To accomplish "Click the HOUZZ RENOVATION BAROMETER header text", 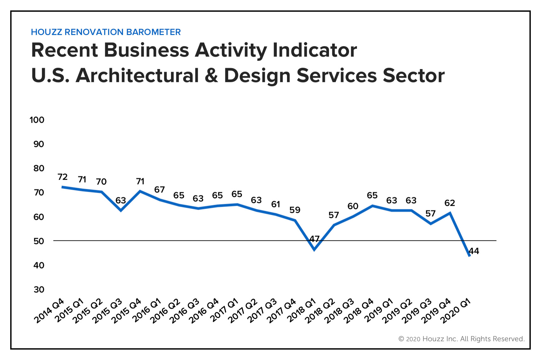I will click(x=106, y=32).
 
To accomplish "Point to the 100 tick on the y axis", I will click(x=37, y=120).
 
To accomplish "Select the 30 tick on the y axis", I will click(x=39, y=289).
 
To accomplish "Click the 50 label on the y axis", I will click(x=39, y=241).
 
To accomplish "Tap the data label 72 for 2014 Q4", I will click(x=63, y=177).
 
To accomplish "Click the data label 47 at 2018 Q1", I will click(x=314, y=239).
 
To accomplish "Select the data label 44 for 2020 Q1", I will click(x=474, y=251).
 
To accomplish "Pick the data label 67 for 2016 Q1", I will click(x=160, y=190).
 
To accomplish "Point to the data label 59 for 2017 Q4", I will click(x=295, y=210).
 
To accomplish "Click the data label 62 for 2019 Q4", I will click(x=450, y=203).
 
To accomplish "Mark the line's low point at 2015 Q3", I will click(x=121, y=211).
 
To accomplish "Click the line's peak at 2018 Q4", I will click(x=372, y=206).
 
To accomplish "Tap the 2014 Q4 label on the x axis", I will click(x=49, y=311).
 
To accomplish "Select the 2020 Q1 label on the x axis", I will click(x=455, y=311).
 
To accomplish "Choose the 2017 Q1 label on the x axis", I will click(x=224, y=311).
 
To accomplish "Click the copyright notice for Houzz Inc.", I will click(x=461, y=339).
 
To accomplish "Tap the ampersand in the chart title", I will click(x=211, y=76).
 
